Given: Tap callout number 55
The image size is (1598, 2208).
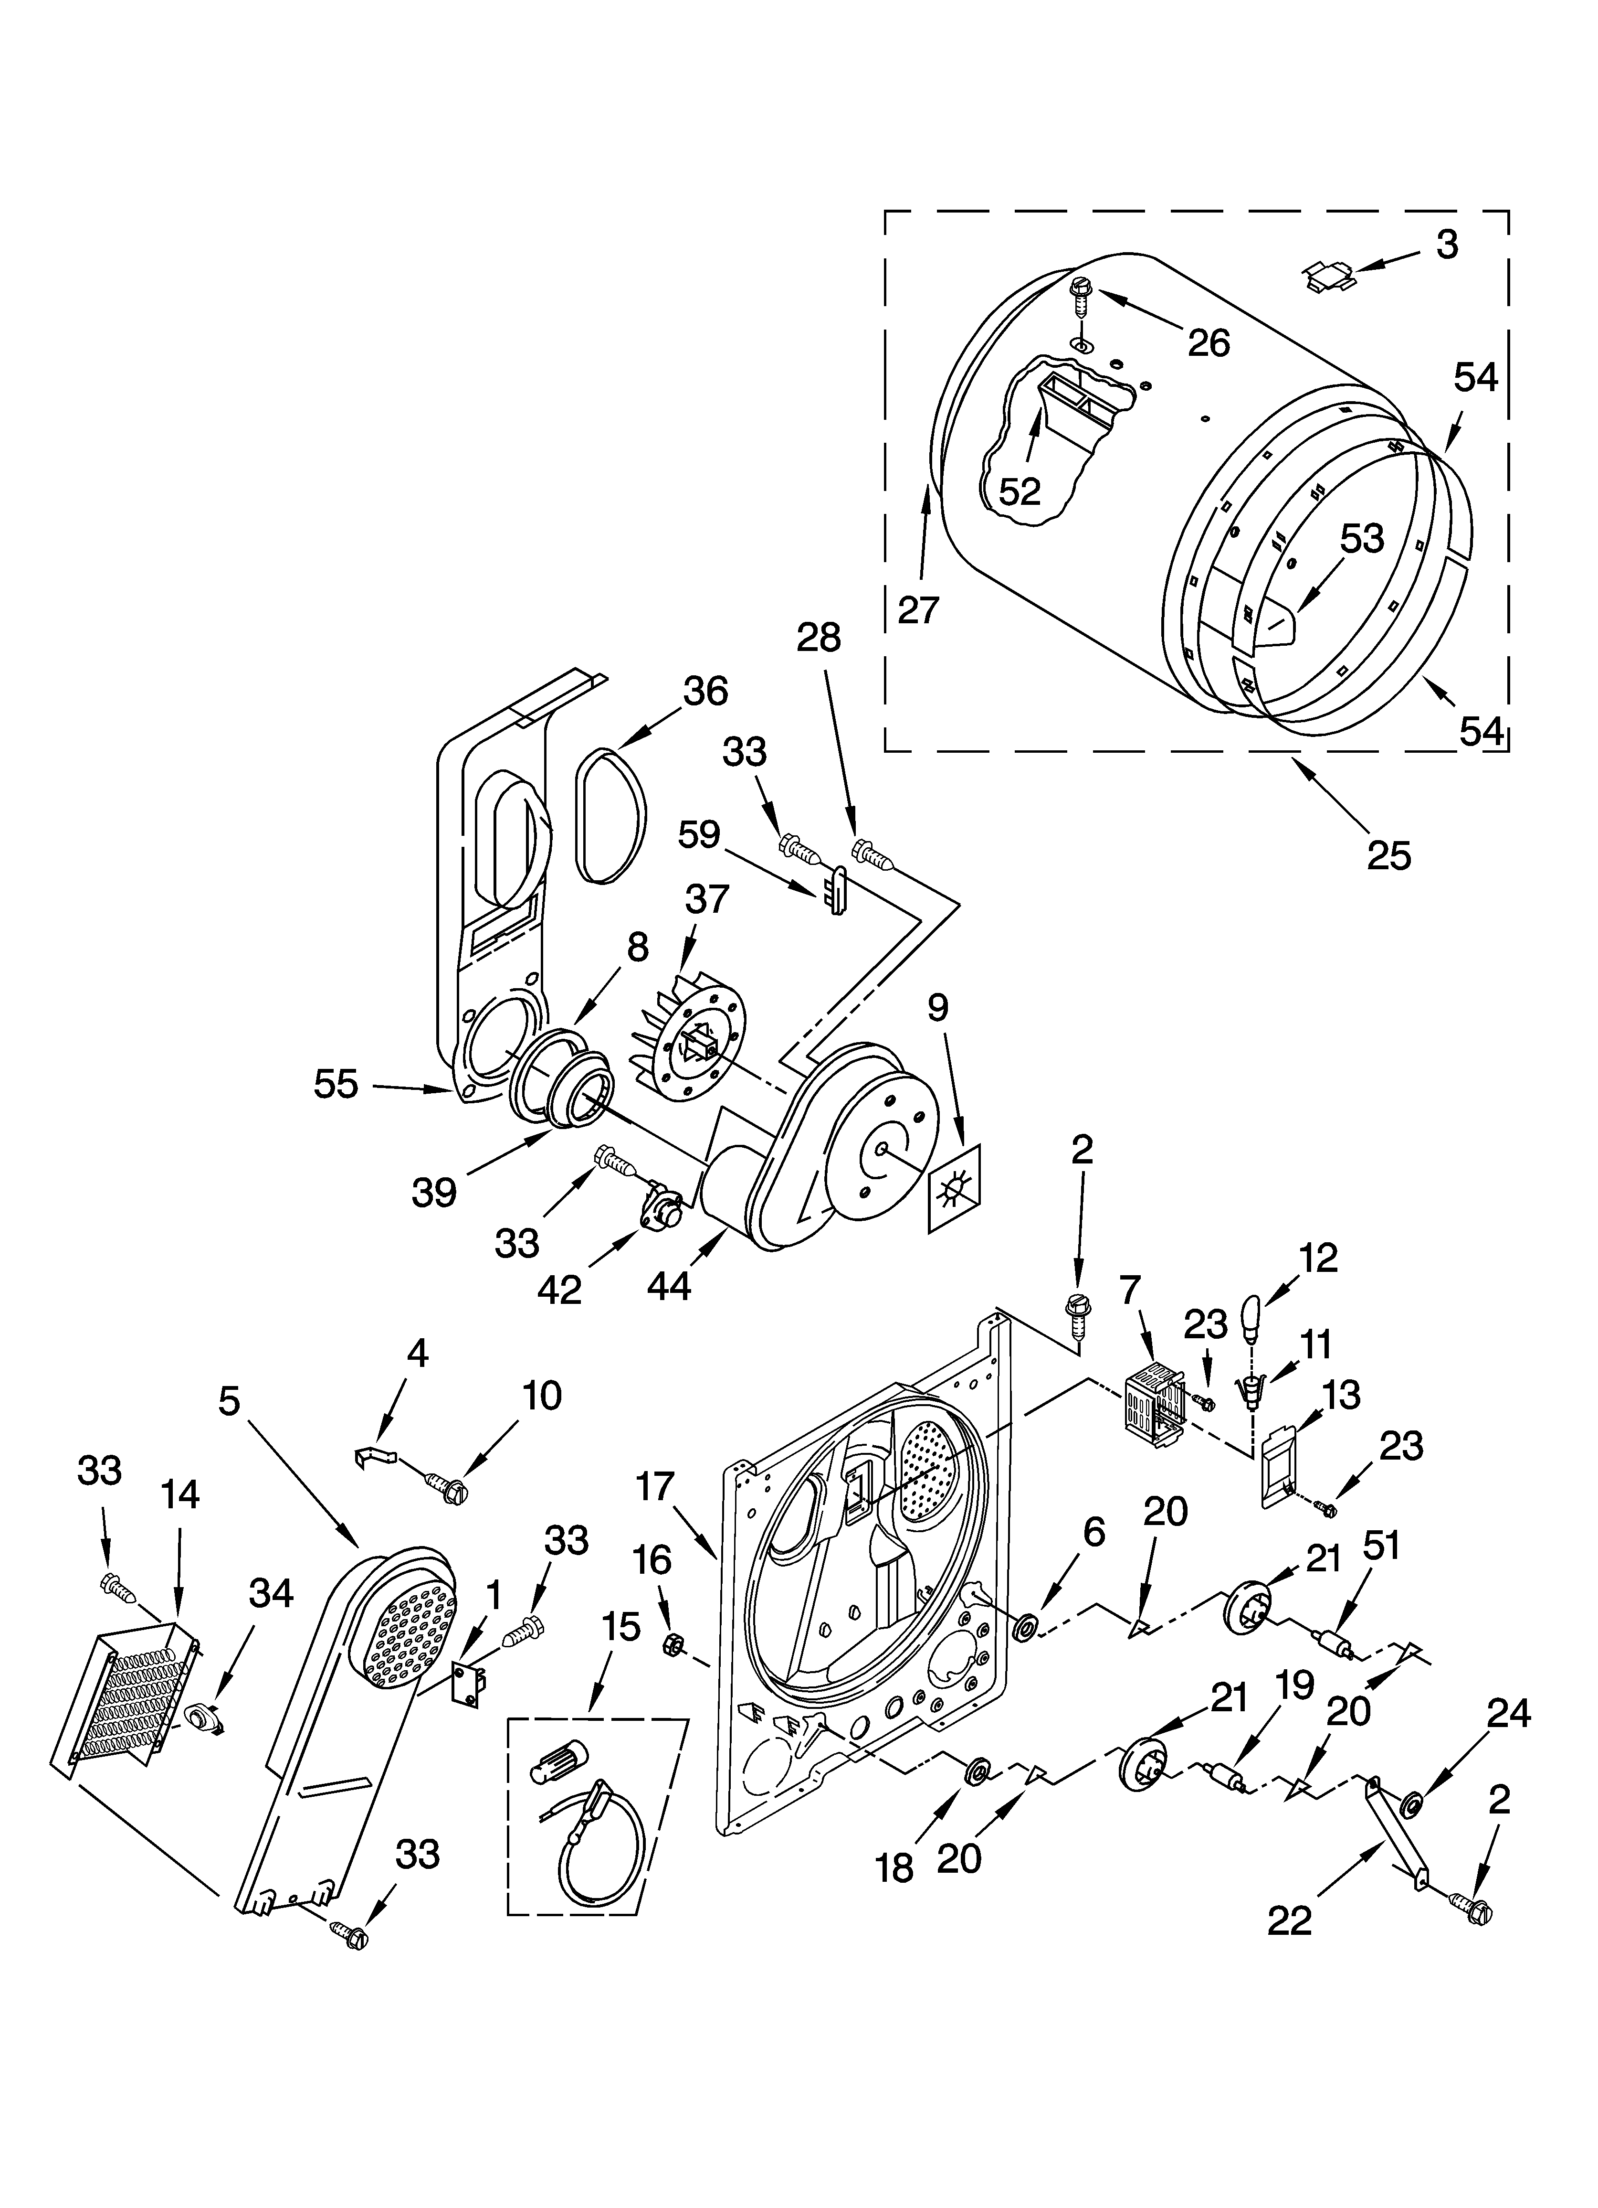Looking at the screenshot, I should [336, 1084].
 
